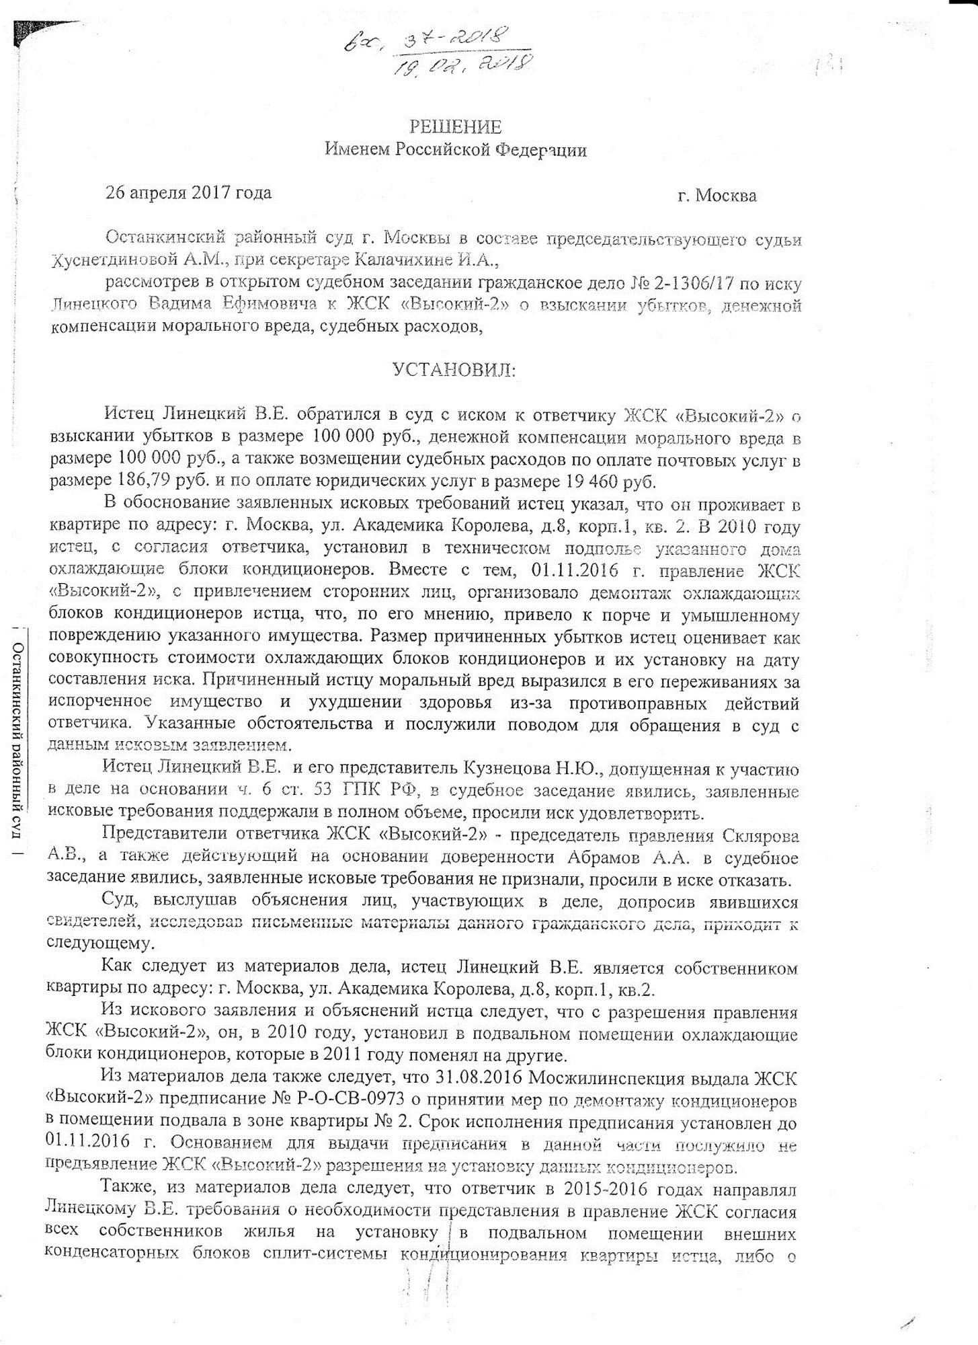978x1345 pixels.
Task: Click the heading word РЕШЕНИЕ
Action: click(456, 127)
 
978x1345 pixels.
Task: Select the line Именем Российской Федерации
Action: click(456, 149)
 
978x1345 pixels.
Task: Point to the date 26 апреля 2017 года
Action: click(189, 193)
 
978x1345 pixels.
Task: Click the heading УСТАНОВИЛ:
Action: click(454, 370)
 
